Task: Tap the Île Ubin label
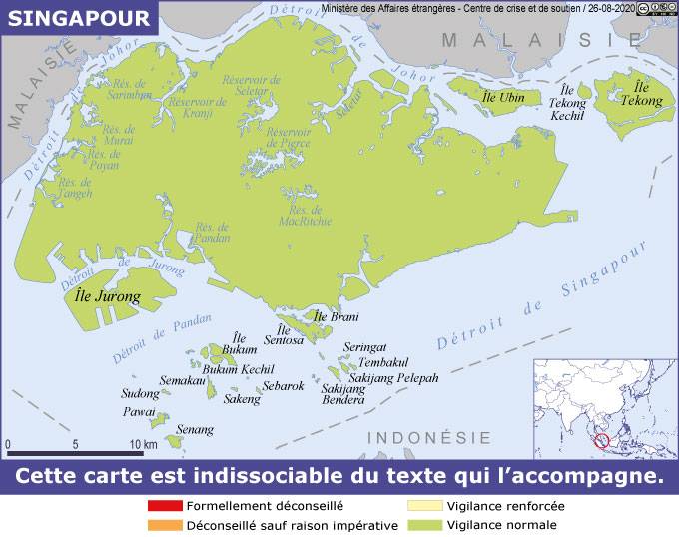[x=503, y=97]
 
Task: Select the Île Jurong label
[x=108, y=297]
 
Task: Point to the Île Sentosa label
[x=283, y=335]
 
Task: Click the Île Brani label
[x=337, y=317]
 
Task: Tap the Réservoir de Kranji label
[x=197, y=107]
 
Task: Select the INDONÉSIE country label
[x=429, y=438]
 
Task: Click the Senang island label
[x=195, y=430]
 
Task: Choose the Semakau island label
[x=182, y=381]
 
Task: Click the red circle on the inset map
[x=601, y=439]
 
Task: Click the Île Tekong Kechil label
[x=569, y=103]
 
